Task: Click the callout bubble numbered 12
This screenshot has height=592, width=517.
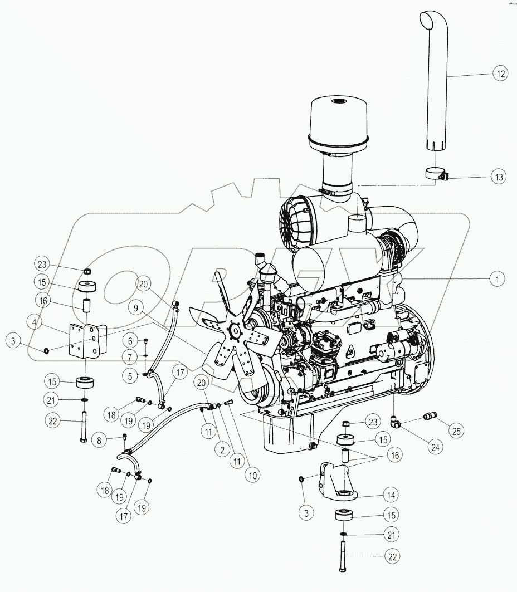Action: coord(499,73)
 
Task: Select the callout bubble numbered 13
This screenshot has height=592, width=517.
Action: coord(499,177)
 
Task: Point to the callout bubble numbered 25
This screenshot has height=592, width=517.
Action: coord(456,431)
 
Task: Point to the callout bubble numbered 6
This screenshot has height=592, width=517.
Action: coord(129,341)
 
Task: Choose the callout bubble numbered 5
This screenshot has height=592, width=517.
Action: coord(129,376)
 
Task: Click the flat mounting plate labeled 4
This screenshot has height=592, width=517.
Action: coord(83,341)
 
